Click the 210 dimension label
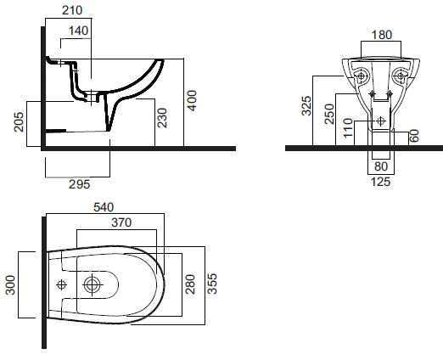pos(72,10)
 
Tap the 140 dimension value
pos(78,31)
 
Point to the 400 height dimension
pos(192,100)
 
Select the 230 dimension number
pos(162,118)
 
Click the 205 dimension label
pos(19,122)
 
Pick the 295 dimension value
pos(80,184)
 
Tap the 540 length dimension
pos(104,207)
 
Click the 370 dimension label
pos(121,222)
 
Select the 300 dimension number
pos(10,285)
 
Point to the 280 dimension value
pos(190,284)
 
